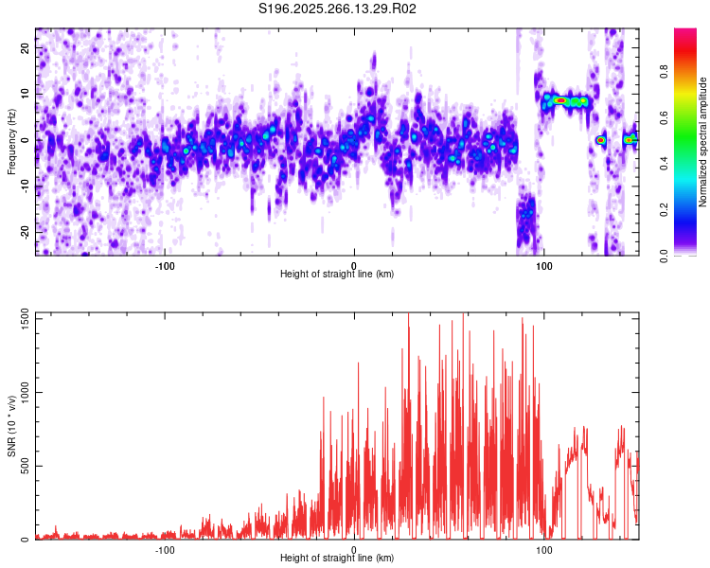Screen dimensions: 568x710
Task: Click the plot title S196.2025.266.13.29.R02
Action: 338,9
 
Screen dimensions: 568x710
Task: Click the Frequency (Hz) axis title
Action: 11,140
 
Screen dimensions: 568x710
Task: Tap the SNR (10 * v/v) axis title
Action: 11,426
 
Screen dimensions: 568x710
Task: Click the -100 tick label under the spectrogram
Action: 165,264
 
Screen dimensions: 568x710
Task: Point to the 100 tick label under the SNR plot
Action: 544,549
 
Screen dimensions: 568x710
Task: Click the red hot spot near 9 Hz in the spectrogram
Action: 560,99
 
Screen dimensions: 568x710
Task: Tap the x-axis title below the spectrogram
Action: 337,275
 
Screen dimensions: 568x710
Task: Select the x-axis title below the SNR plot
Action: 337,559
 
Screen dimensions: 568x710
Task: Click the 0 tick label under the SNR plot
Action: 354,549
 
